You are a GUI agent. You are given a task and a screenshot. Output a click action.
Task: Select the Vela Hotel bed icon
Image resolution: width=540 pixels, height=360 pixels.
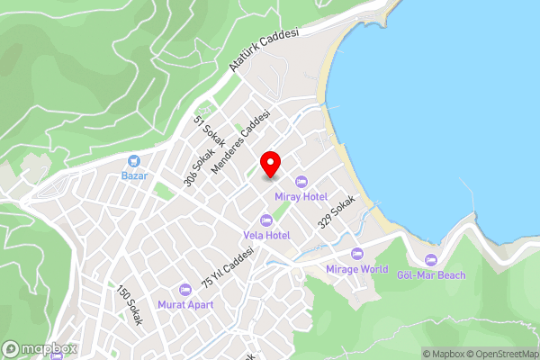(x=265, y=220)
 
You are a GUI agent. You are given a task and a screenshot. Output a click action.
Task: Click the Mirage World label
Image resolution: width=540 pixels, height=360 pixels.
(x=356, y=269)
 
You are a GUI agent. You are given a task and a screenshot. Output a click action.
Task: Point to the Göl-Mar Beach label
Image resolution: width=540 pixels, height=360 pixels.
(x=431, y=274)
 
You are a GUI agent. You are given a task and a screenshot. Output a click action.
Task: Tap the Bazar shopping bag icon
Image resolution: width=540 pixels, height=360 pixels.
(x=134, y=160)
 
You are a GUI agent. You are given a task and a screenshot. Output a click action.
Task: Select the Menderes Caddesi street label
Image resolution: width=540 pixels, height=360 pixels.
(x=241, y=142)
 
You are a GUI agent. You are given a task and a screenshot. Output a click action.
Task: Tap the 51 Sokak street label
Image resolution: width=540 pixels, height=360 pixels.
(x=209, y=131)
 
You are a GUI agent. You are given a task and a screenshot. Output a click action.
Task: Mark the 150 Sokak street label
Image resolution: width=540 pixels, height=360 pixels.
(x=129, y=305)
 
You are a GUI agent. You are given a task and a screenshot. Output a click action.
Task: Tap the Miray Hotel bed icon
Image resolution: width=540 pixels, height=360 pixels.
(x=301, y=182)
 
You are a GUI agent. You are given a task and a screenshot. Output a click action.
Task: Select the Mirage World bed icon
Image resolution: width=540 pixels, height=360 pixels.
(x=356, y=255)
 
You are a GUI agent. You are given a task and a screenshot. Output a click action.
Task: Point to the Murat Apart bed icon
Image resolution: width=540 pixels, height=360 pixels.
(x=185, y=290)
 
